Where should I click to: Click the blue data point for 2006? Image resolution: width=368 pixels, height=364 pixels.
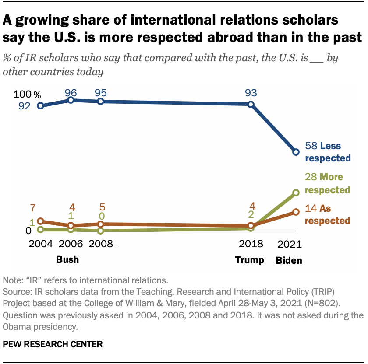[71, 100]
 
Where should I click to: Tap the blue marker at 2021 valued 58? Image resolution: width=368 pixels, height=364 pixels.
[296, 152]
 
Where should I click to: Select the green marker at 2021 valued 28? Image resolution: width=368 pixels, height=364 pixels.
[296, 192]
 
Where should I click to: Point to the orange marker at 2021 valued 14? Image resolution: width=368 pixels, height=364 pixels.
[296, 212]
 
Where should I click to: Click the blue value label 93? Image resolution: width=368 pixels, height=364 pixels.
[251, 93]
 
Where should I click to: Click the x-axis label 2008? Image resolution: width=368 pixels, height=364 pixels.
[100, 244]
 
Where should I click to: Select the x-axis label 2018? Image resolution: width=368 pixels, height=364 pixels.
[251, 244]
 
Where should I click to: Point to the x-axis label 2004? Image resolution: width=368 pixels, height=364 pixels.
[41, 244]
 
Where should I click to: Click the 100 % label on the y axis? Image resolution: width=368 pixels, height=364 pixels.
[27, 94]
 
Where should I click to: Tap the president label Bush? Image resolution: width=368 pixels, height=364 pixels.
[67, 259]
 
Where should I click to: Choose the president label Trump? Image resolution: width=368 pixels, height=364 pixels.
[250, 260]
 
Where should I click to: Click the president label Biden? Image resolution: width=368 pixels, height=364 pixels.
[289, 260]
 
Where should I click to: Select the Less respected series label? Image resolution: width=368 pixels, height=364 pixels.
[335, 152]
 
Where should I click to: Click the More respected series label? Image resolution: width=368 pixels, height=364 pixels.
[335, 184]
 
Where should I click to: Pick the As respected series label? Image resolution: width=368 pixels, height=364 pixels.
[335, 214]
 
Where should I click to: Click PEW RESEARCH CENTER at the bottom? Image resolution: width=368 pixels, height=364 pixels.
[53, 345]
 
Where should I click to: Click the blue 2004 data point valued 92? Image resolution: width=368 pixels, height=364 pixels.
[41, 105]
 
